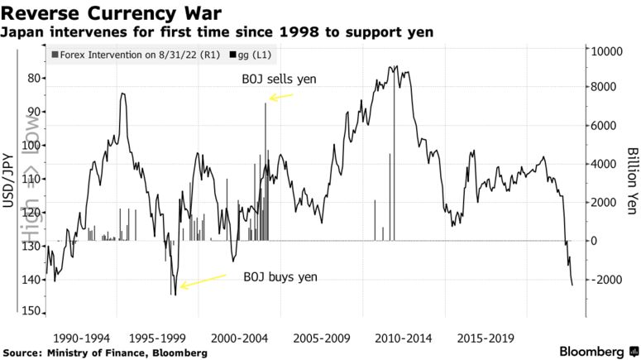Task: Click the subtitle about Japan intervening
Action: (218, 32)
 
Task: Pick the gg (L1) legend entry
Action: (253, 55)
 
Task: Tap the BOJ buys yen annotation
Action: (280, 277)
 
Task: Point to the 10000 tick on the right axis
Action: (603, 50)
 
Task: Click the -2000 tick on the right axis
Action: (603, 280)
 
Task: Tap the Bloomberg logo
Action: (591, 351)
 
